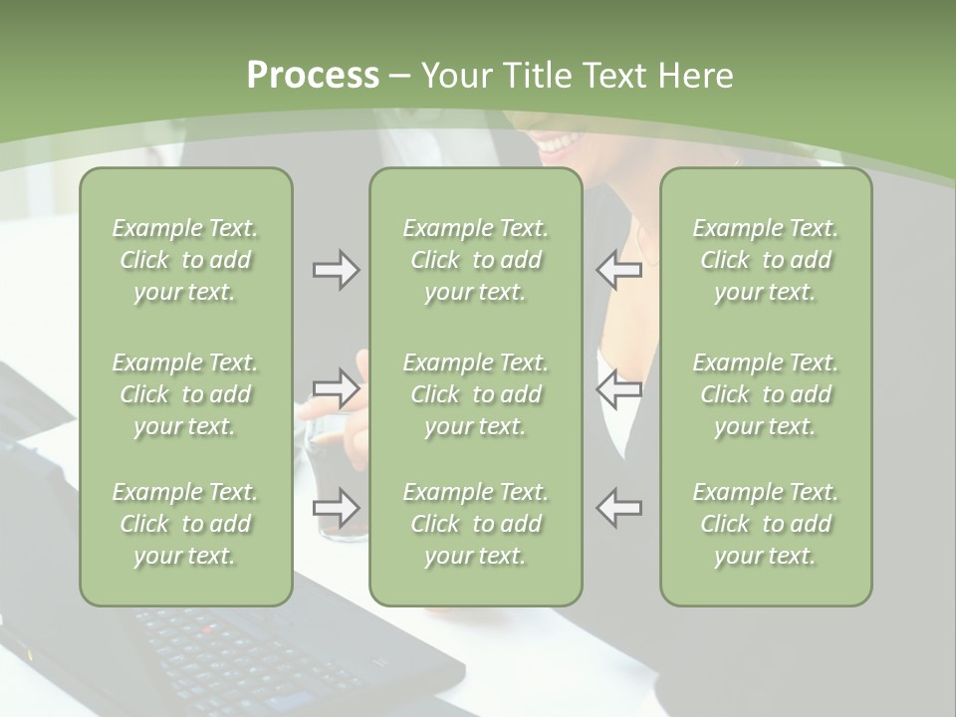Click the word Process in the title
pos(313,76)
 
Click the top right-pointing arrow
pos(337,270)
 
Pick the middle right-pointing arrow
pos(337,388)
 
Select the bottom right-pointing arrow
pos(337,508)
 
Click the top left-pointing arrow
pos(618,270)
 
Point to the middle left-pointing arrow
pos(618,388)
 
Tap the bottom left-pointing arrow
pos(618,508)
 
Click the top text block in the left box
pos(185,260)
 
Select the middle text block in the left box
pos(185,394)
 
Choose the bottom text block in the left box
pos(185,524)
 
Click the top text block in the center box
pos(475,260)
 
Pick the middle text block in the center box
pos(475,394)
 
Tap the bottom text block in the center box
pos(475,524)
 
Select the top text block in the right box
pos(765,260)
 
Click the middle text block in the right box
pos(765,394)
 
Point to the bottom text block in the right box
pos(765,524)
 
